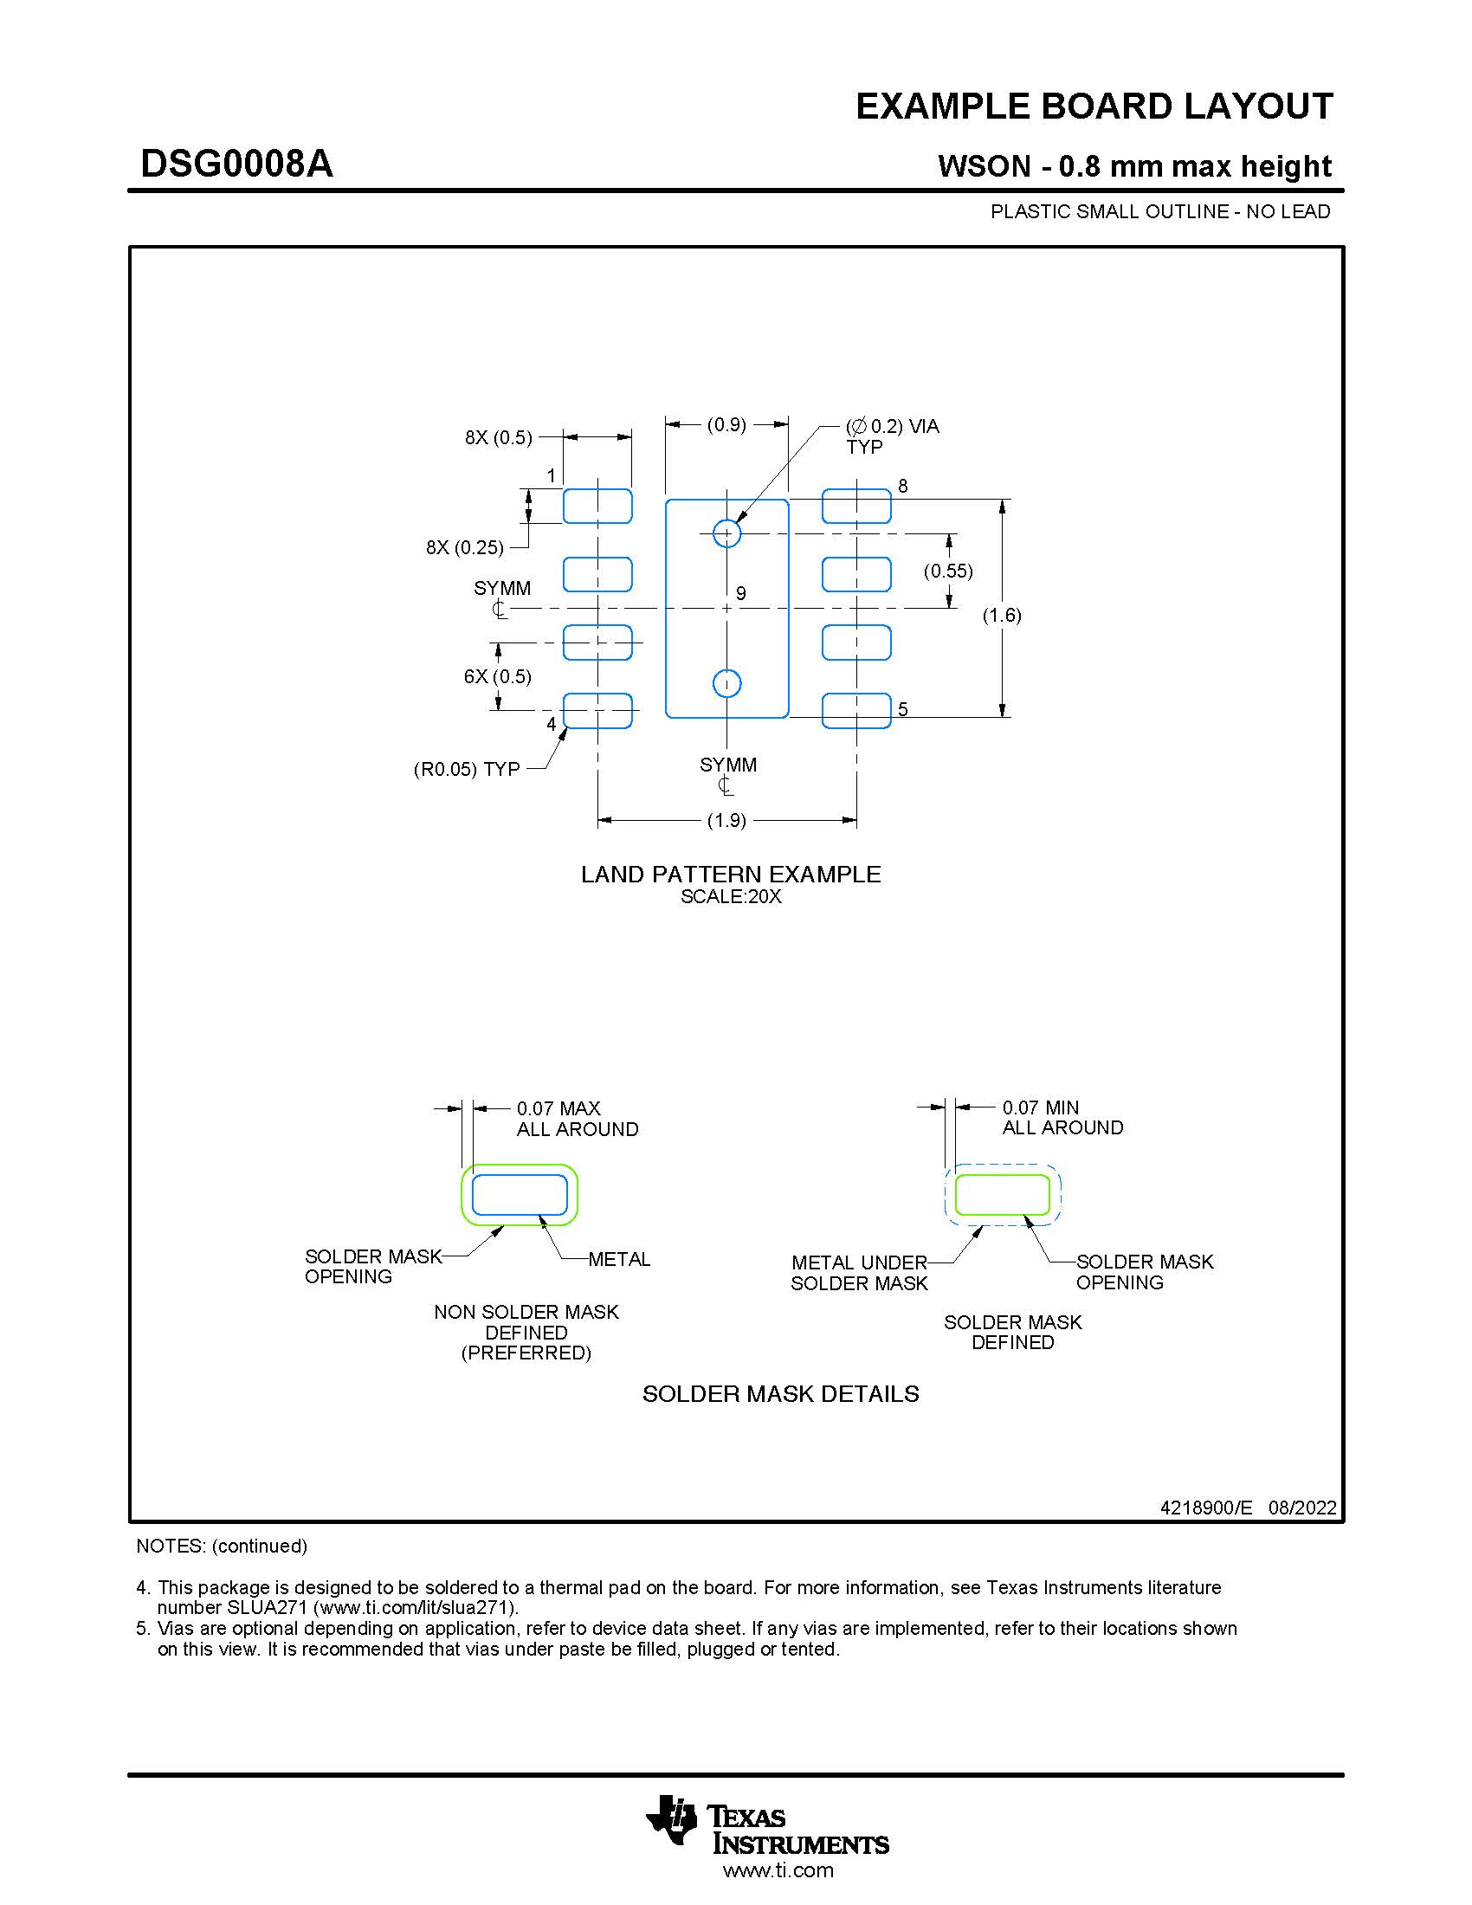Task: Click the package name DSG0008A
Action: pyautogui.click(x=236, y=164)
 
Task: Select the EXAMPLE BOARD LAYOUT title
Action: pyautogui.click(x=1094, y=107)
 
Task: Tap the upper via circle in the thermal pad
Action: pyautogui.click(x=726, y=533)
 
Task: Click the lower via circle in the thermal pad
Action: pyautogui.click(x=726, y=684)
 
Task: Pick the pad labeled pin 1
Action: pyautogui.click(x=597, y=506)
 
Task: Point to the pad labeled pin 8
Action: pyautogui.click(x=856, y=506)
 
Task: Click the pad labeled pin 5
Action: pyautogui.click(x=856, y=711)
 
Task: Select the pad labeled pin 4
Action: pyautogui.click(x=597, y=711)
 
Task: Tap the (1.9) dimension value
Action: pyautogui.click(x=726, y=820)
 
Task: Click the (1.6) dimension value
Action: pyautogui.click(x=1002, y=615)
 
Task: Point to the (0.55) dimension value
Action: pyautogui.click(x=948, y=571)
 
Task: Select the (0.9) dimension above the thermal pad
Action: pyautogui.click(x=726, y=425)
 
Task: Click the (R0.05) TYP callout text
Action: pyautogui.click(x=467, y=769)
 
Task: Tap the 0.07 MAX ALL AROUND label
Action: pyautogui.click(x=577, y=1118)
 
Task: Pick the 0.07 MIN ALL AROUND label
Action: pyautogui.click(x=1062, y=1117)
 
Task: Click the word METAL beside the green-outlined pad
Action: pyautogui.click(x=619, y=1260)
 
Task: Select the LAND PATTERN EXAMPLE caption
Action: pyautogui.click(x=731, y=874)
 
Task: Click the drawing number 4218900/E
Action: pyautogui.click(x=1205, y=1508)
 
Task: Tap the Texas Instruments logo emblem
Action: pyautogui.click(x=671, y=1819)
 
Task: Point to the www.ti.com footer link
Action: pyautogui.click(x=778, y=1870)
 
